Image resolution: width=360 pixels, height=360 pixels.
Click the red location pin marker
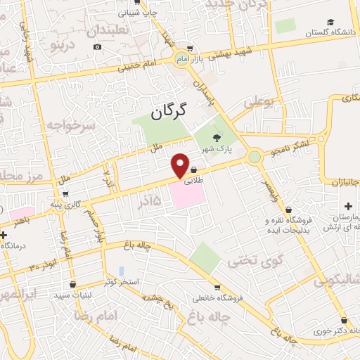[181, 165]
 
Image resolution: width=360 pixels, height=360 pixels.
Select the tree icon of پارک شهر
[217, 138]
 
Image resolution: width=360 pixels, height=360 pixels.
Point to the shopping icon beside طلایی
[193, 169]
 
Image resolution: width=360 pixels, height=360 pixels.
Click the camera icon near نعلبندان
[97, 47]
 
